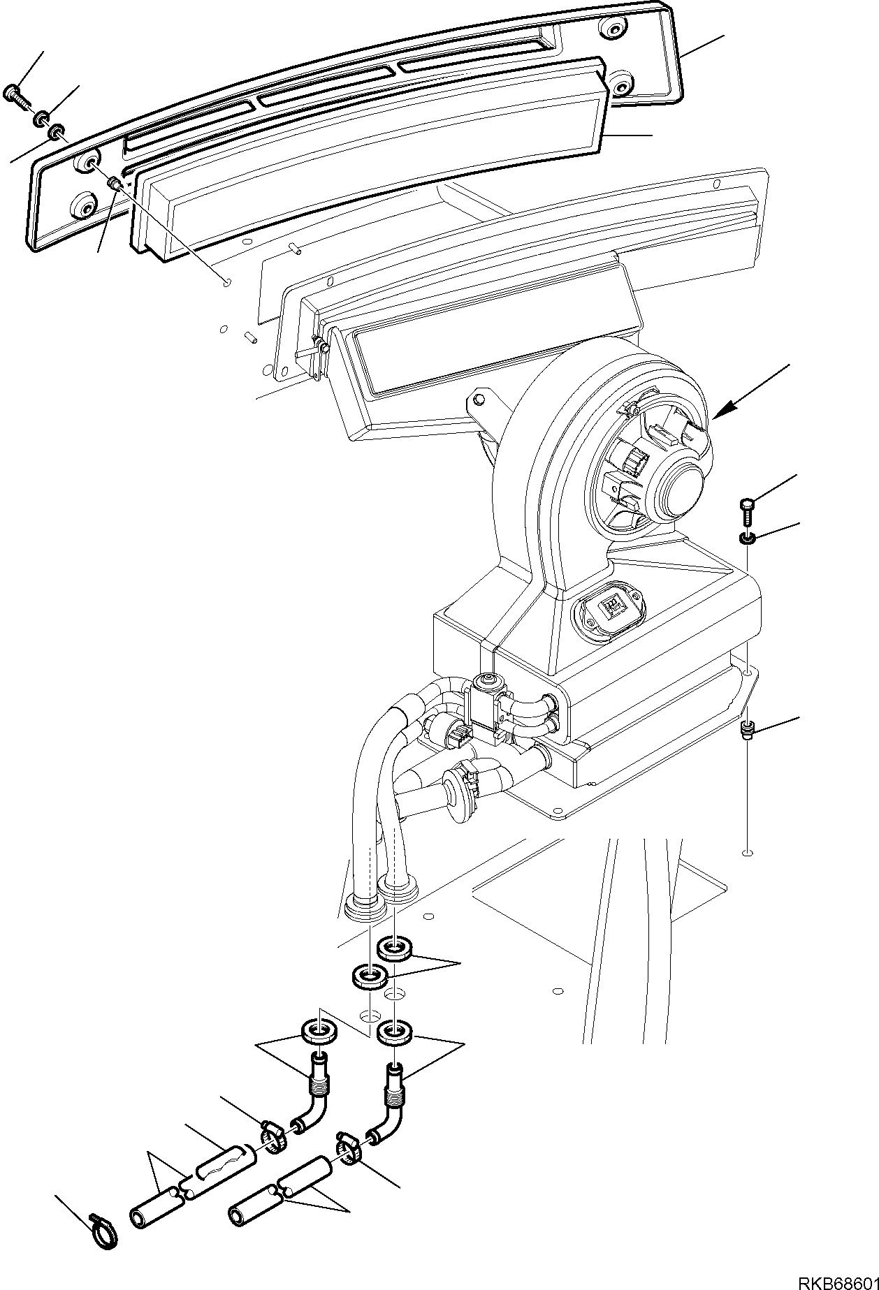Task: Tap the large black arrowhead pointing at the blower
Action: pos(723,411)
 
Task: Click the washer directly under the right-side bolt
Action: pos(746,538)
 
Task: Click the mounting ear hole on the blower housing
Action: pos(478,400)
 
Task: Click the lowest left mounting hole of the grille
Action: pos(86,206)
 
